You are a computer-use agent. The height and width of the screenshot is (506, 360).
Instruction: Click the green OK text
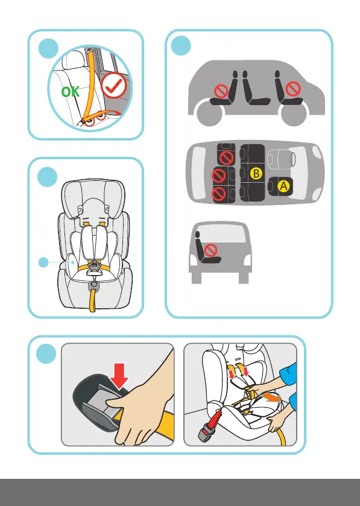tap(71, 92)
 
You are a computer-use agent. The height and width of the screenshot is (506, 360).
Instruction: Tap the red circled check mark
tap(113, 85)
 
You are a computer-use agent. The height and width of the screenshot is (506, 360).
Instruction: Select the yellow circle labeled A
tap(283, 186)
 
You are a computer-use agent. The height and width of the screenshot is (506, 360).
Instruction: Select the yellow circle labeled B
tap(256, 173)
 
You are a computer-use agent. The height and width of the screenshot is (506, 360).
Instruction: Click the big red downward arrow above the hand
tap(119, 376)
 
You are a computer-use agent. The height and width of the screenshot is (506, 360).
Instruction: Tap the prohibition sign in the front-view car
tap(211, 250)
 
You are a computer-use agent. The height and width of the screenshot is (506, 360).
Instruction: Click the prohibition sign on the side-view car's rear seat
tap(221, 92)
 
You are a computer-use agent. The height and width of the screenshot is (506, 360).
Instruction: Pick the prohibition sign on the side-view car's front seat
tap(293, 89)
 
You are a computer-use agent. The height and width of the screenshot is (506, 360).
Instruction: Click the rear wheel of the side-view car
tap(209, 113)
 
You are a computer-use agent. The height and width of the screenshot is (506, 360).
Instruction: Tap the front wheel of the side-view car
tap(294, 113)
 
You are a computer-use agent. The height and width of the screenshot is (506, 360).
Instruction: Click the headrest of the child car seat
tap(93, 197)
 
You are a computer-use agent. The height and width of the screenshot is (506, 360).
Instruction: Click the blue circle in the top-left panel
tap(48, 49)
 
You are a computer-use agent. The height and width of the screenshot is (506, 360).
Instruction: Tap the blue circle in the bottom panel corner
tap(46, 353)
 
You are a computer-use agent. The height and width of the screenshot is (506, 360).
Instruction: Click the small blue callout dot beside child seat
tap(43, 262)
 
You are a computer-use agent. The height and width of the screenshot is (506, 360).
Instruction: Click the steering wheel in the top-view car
tap(292, 158)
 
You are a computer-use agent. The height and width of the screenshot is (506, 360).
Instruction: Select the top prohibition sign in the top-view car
tap(227, 158)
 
